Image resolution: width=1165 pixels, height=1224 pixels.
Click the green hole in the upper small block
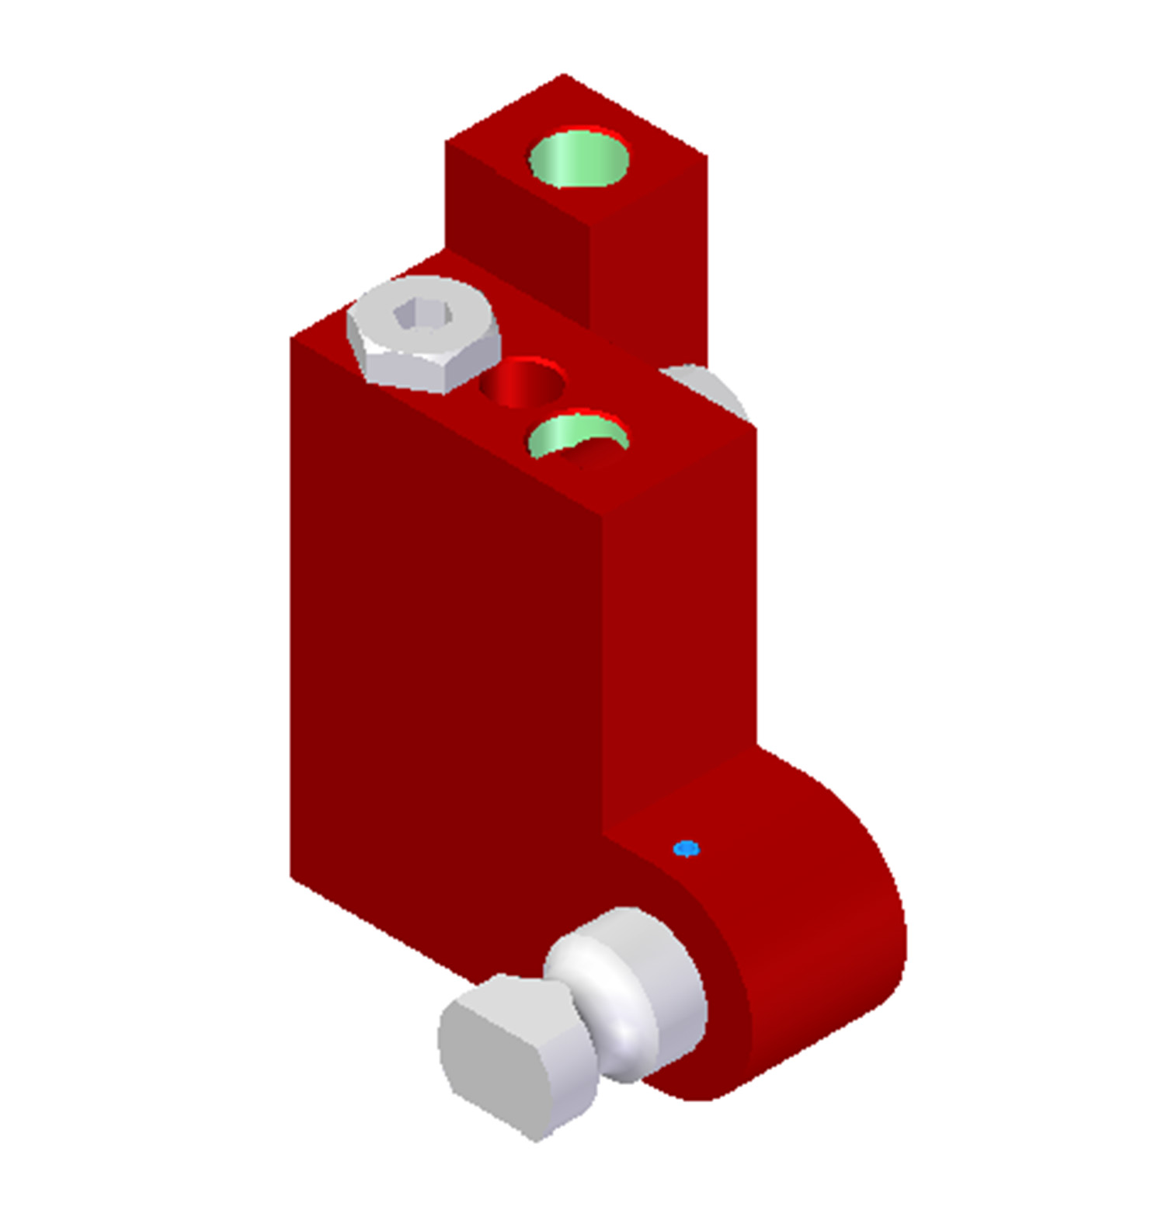579,159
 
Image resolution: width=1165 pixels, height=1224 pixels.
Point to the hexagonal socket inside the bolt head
423,315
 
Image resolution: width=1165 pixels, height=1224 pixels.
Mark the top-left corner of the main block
292,338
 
